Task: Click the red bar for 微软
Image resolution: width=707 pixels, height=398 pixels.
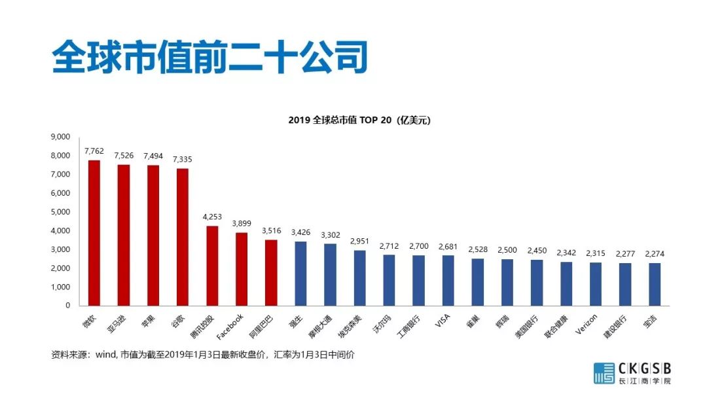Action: click(94, 233)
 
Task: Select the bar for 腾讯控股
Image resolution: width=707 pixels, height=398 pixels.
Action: click(212, 266)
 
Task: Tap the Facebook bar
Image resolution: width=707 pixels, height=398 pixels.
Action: click(242, 269)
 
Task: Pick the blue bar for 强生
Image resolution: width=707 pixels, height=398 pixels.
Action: click(300, 274)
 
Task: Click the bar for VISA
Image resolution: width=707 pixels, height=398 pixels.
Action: click(448, 280)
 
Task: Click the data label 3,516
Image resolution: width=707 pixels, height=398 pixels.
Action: click(271, 231)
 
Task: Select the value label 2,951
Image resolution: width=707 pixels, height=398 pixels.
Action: click(359, 242)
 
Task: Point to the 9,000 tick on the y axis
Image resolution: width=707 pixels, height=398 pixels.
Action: click(60, 137)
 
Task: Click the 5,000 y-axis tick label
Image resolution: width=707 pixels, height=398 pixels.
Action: click(60, 212)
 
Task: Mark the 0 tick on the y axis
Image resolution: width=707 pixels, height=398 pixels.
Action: click(67, 306)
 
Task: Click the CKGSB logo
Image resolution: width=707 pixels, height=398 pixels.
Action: click(632, 372)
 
